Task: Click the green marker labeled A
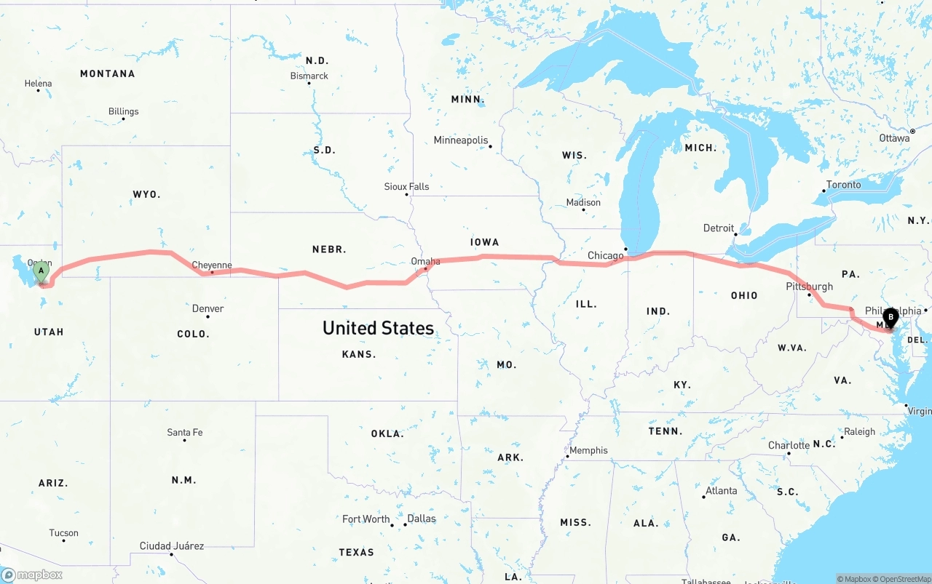pos(42,273)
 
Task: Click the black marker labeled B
pos(890,318)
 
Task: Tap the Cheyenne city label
pos(211,265)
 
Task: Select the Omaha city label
pos(425,261)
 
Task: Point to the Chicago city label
pos(605,255)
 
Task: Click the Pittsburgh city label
pos(809,287)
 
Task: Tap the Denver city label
pos(208,308)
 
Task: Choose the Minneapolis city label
pos(460,140)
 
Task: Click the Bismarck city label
pos(309,76)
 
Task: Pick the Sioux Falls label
pos(406,187)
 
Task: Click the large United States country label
pos(378,328)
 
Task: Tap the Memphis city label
pos(588,450)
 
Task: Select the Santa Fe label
pos(184,433)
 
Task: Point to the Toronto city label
pos(843,185)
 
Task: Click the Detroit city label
pos(718,228)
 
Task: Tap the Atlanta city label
pos(721,491)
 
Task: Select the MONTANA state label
pos(107,73)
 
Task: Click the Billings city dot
pos(124,121)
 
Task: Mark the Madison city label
pos(583,203)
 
